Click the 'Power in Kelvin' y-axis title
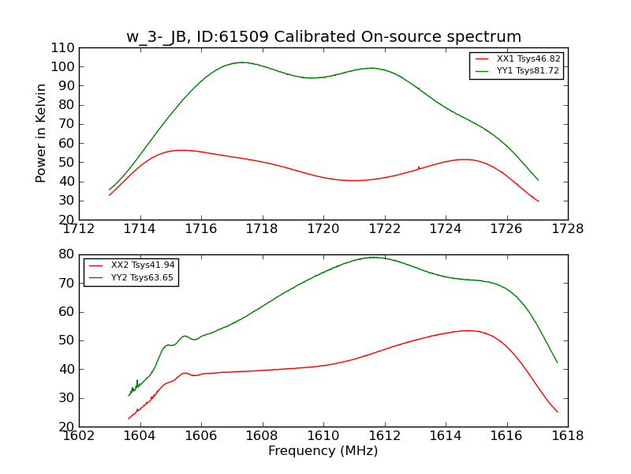pos(42,134)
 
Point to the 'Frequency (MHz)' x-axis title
pos(323,451)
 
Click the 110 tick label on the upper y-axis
pos(63,48)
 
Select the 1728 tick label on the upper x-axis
pos(567,230)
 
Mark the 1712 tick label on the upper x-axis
pos(79,230)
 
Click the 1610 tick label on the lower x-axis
pos(323,436)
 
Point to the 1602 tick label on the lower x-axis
pos(79,436)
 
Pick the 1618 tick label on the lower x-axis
pos(567,436)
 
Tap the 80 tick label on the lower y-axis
pos(66,254)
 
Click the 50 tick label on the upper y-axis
pos(66,163)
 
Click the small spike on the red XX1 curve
pos(419,167)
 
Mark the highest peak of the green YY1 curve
pos(241,62)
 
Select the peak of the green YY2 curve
pos(374,257)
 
